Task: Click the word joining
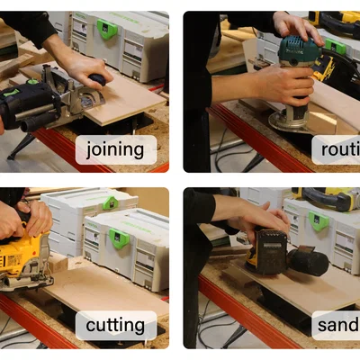click(x=115, y=149)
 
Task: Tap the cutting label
click(x=115, y=325)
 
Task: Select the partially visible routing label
click(x=337, y=149)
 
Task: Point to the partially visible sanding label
click(x=337, y=325)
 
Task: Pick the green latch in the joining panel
click(x=108, y=29)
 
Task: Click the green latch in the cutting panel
click(x=119, y=238)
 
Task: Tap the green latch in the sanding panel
click(x=319, y=220)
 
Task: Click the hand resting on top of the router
click(x=297, y=27)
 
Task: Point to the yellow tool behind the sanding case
click(x=328, y=193)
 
